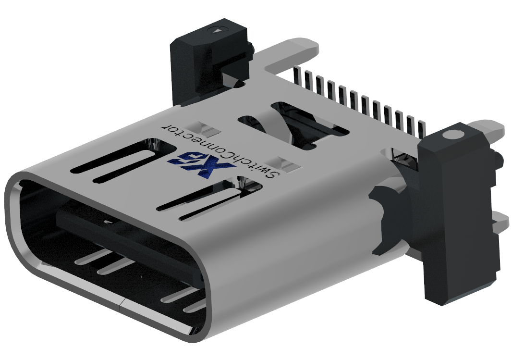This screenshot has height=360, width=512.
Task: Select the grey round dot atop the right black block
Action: click(x=451, y=135)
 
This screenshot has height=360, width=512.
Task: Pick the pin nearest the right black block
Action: click(x=422, y=128)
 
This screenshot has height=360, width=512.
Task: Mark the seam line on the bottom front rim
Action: click(x=121, y=303)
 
